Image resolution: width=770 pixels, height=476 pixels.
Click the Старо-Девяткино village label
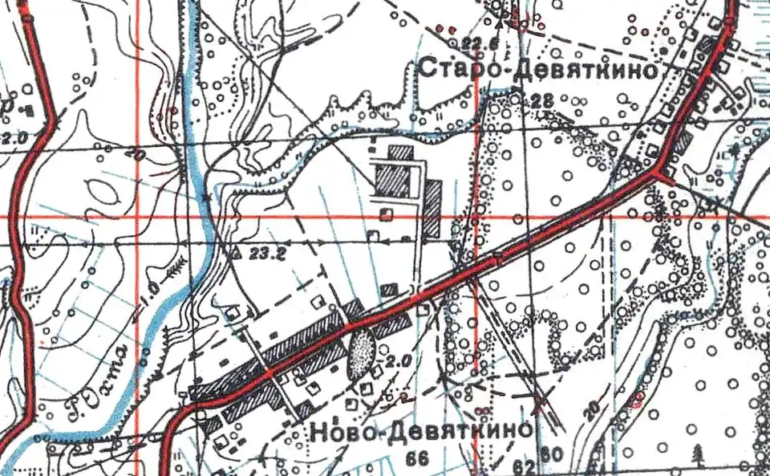539,70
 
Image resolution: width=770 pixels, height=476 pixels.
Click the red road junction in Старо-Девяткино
658,172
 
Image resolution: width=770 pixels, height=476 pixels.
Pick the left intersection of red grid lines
137,217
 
